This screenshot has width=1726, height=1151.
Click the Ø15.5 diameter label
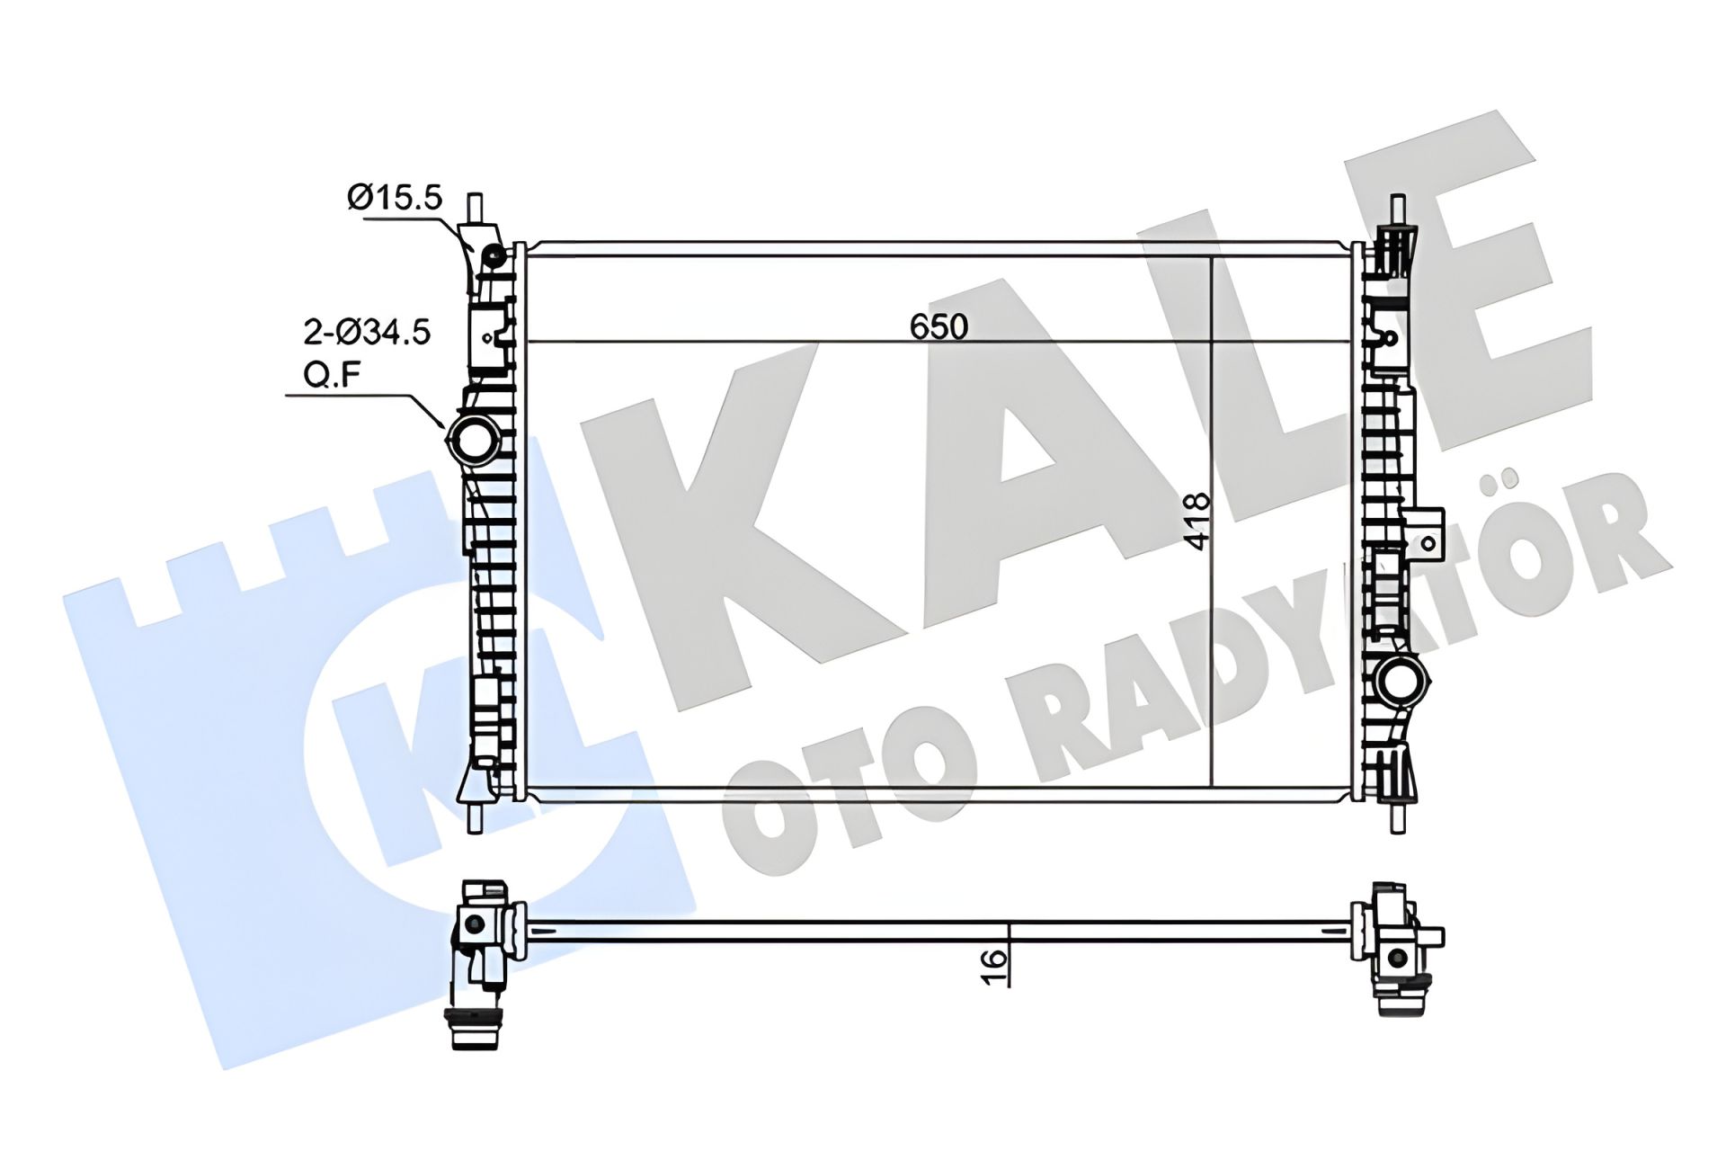click(396, 198)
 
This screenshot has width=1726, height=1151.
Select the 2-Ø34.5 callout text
click(367, 333)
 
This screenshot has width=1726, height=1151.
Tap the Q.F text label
click(332, 375)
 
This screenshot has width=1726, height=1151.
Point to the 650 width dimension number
click(939, 326)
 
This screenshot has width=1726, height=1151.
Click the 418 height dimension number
click(1197, 522)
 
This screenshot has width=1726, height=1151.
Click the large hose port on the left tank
click(474, 438)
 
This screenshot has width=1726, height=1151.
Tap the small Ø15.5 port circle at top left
click(493, 257)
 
